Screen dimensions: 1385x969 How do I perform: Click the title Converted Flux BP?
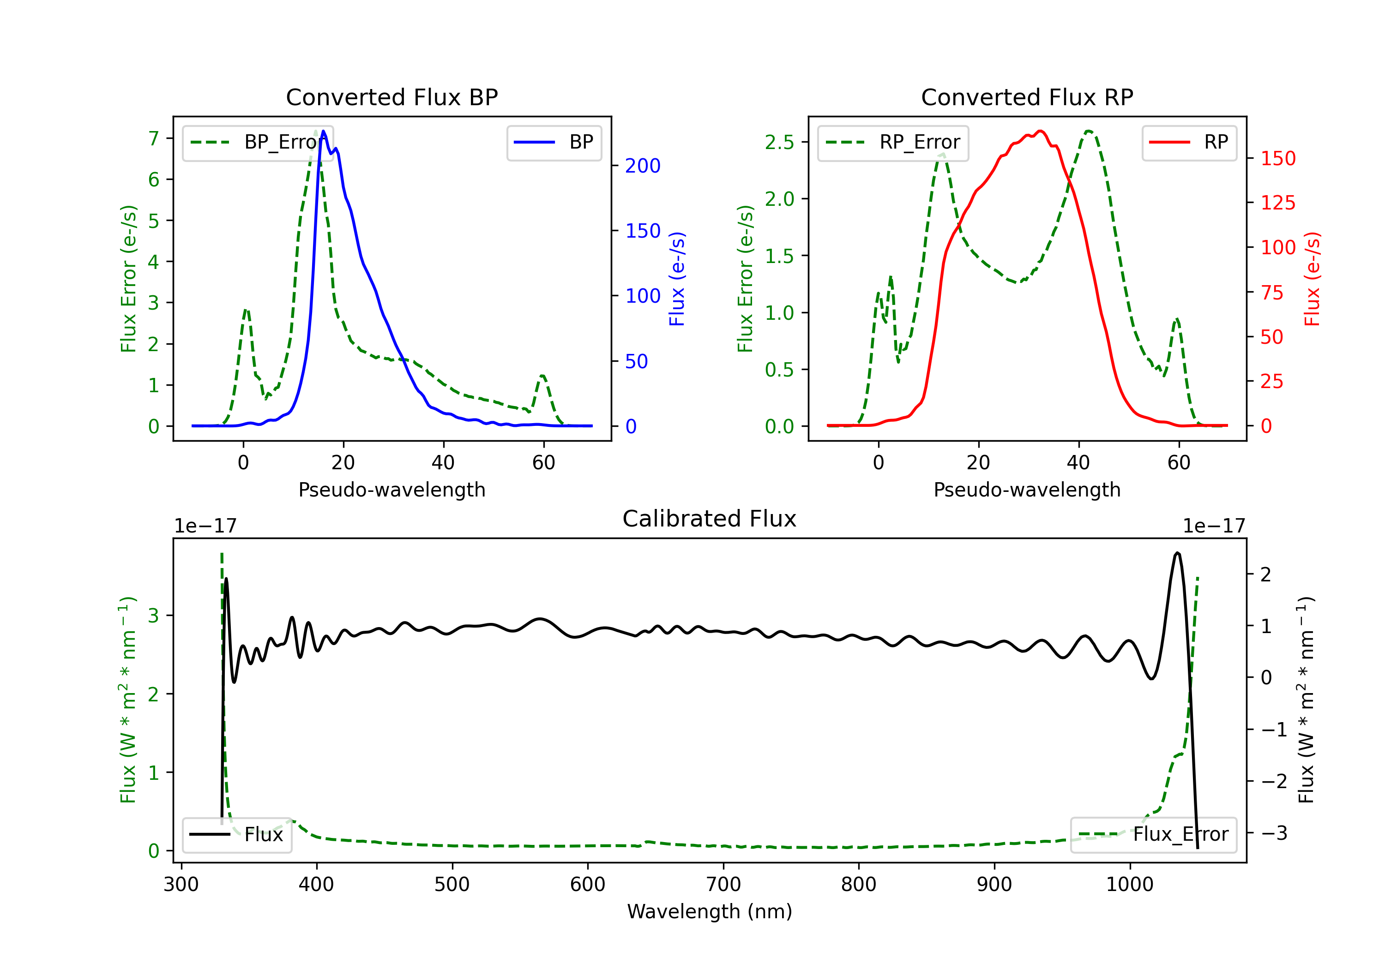391,97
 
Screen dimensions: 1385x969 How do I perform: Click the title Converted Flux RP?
1027,97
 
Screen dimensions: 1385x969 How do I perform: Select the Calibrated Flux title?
710,519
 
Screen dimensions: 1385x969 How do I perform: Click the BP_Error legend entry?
258,142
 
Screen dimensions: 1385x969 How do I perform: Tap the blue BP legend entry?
554,142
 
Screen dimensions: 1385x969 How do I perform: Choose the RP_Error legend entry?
893,142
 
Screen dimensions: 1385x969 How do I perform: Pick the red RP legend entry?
1188,142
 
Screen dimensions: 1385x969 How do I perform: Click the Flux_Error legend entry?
1153,835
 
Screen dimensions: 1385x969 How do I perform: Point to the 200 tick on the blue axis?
643,166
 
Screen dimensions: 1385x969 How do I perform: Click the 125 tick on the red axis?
1277,203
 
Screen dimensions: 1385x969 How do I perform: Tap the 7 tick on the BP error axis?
154,139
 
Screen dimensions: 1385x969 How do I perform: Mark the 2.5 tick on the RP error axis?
779,142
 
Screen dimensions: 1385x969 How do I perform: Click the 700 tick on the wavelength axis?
723,885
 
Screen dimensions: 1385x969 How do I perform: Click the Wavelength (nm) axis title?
710,912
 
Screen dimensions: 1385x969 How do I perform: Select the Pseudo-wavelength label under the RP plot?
1027,490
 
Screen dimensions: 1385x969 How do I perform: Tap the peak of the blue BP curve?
323,131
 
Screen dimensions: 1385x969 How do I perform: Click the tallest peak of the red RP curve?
1040,131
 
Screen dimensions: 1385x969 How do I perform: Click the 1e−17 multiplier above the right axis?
1214,526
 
